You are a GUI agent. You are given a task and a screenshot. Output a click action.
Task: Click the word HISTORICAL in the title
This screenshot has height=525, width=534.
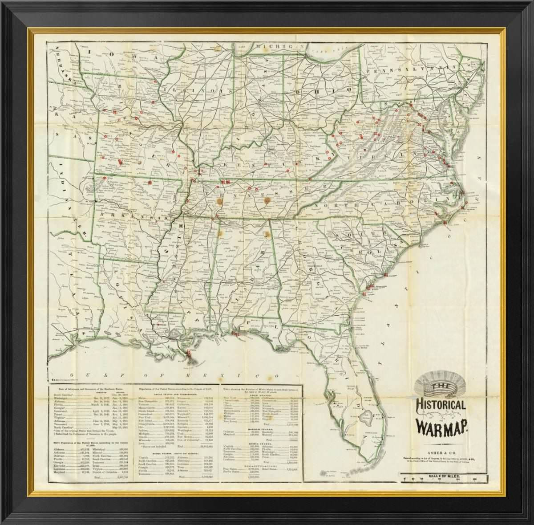pyautogui.click(x=441, y=406)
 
